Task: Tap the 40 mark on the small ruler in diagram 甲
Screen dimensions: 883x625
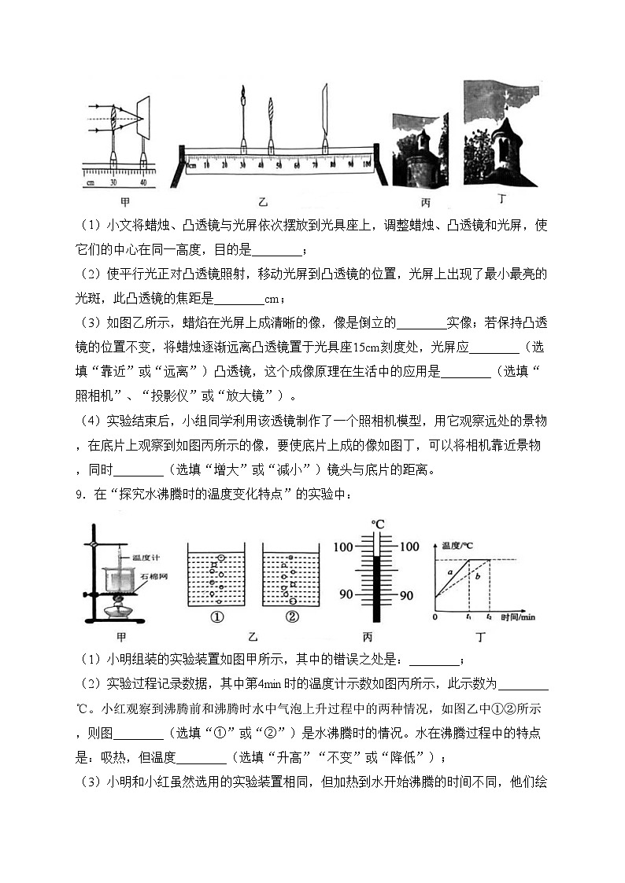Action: pos(142,182)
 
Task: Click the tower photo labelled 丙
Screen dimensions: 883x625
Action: pos(420,149)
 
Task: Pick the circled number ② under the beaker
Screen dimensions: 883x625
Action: pos(292,616)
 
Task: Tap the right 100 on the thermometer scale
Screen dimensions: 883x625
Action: pos(411,546)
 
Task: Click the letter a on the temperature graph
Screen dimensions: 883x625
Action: pos(450,572)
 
